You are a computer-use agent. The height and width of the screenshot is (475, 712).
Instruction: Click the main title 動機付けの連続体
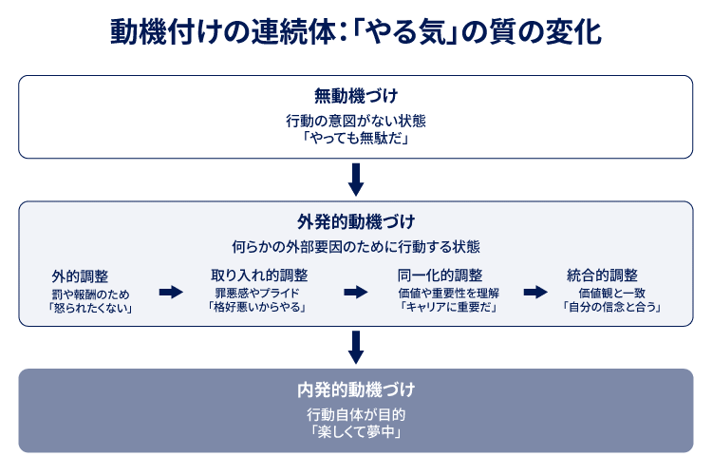click(355, 32)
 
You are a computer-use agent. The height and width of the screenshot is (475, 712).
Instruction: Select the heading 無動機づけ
click(356, 96)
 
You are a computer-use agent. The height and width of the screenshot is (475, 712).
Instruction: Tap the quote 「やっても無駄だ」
click(356, 137)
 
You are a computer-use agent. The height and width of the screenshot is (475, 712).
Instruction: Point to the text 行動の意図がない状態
click(356, 120)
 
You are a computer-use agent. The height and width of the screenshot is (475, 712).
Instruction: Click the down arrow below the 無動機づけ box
click(356, 178)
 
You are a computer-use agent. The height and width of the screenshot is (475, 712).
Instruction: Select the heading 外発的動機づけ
click(356, 222)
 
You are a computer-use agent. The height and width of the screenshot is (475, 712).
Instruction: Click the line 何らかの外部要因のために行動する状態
click(356, 246)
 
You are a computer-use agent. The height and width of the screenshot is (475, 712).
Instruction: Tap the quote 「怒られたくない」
click(91, 308)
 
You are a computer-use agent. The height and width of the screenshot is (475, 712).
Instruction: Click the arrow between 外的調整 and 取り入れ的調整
click(170, 292)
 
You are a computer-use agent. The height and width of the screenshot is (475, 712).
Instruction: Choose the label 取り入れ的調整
click(259, 275)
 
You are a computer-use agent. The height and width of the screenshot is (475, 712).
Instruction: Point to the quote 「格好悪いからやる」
click(259, 308)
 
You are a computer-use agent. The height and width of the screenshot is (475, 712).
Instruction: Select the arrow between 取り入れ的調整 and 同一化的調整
click(355, 292)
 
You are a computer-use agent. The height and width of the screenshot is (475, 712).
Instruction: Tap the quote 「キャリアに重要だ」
click(448, 308)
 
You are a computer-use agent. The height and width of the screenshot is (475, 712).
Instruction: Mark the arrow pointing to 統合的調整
click(535, 292)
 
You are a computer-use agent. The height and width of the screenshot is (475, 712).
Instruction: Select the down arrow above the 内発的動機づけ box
click(356, 347)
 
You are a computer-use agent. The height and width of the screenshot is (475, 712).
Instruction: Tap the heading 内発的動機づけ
click(356, 390)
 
